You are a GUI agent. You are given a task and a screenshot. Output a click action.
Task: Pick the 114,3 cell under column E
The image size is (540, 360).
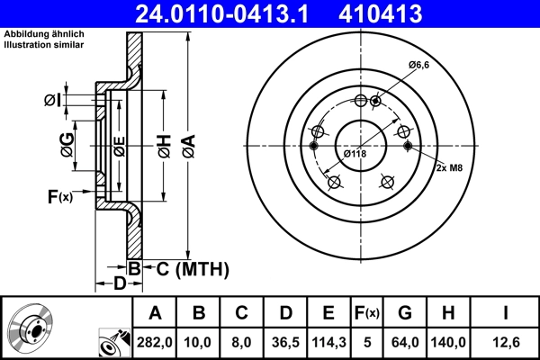click(x=328, y=343)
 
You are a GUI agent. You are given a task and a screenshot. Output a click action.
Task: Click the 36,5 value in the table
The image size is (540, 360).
click(x=285, y=343)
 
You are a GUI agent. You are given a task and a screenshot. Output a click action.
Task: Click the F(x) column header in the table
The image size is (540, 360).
click(x=367, y=313)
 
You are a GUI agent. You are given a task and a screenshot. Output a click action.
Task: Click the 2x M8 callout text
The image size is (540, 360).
click(x=451, y=168)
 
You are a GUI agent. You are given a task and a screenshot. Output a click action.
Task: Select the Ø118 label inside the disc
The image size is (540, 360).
click(x=355, y=153)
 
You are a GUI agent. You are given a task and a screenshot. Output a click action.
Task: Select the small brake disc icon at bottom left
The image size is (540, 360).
click(x=34, y=329)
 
